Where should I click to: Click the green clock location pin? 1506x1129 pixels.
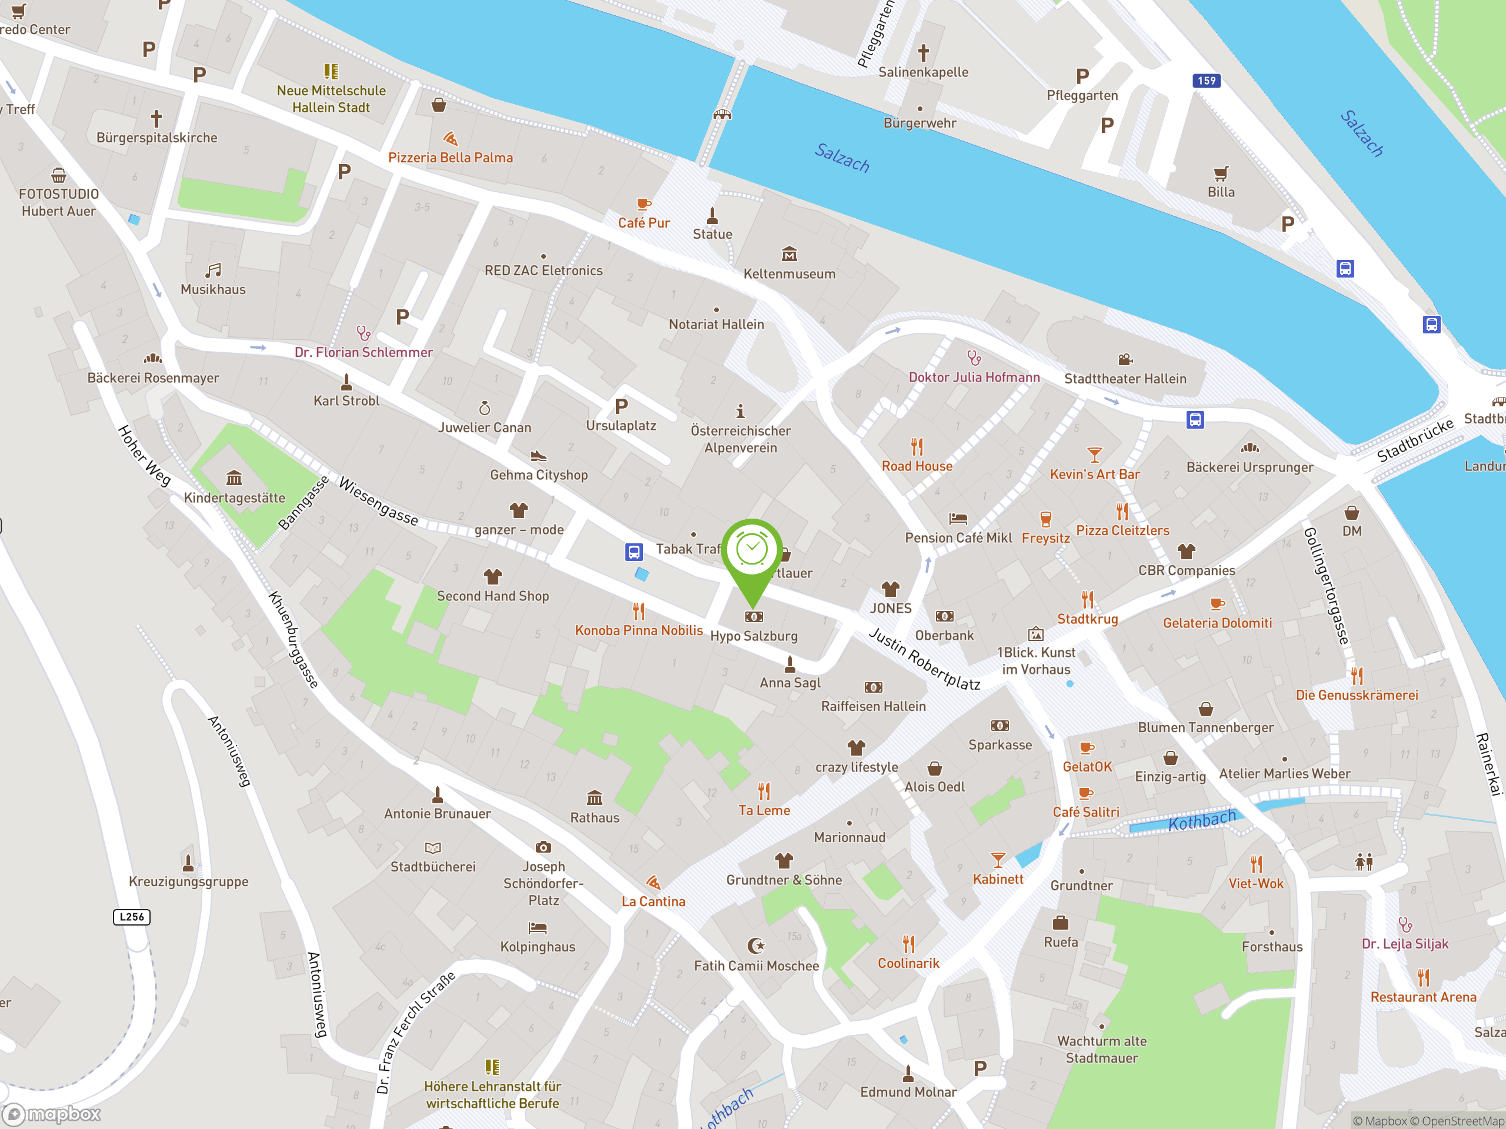(x=752, y=553)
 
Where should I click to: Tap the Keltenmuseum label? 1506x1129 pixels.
(x=789, y=274)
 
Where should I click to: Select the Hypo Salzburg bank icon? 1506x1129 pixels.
(x=754, y=617)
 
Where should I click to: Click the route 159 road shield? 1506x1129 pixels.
(x=1207, y=81)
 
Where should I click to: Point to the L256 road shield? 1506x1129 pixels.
(x=131, y=917)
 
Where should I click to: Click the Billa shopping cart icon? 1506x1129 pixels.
(x=1221, y=173)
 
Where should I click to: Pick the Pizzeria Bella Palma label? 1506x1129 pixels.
(x=450, y=158)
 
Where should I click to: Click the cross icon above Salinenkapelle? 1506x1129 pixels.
(x=923, y=52)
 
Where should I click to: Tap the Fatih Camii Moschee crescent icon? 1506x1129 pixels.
(x=756, y=946)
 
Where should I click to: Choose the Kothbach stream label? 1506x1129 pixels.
(x=1202, y=821)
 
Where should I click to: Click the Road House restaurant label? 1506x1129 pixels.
(x=917, y=466)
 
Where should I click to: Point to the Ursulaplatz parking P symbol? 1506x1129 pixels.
(x=621, y=406)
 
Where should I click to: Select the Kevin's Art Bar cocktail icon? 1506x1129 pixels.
(x=1094, y=455)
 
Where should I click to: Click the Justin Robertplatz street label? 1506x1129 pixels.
(x=925, y=659)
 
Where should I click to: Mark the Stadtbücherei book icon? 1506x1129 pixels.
(x=433, y=848)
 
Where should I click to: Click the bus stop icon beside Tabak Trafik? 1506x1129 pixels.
(x=634, y=551)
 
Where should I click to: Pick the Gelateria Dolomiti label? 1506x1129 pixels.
(x=1217, y=623)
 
